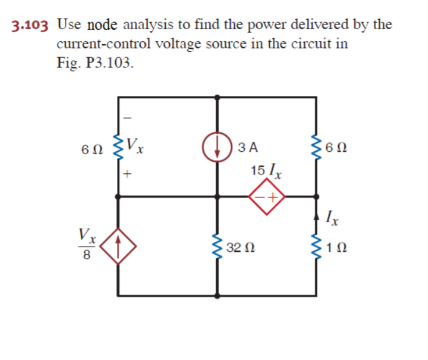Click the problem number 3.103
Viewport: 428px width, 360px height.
click(x=29, y=26)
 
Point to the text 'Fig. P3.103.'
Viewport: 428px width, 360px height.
click(x=94, y=62)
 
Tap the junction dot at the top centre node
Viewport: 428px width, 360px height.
click(x=217, y=97)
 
